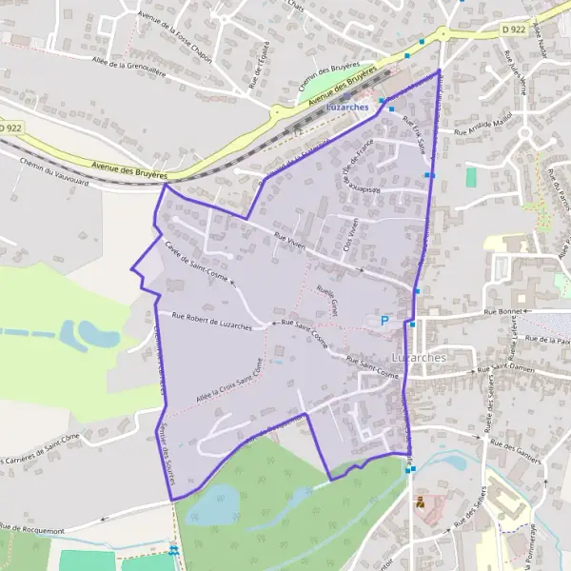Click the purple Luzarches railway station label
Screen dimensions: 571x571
point(346,107)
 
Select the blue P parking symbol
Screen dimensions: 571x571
point(384,322)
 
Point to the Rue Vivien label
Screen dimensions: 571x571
point(288,244)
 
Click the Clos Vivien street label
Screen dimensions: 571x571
point(349,232)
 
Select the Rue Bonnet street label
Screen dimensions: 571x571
point(504,310)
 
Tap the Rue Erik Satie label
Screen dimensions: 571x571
point(415,134)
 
